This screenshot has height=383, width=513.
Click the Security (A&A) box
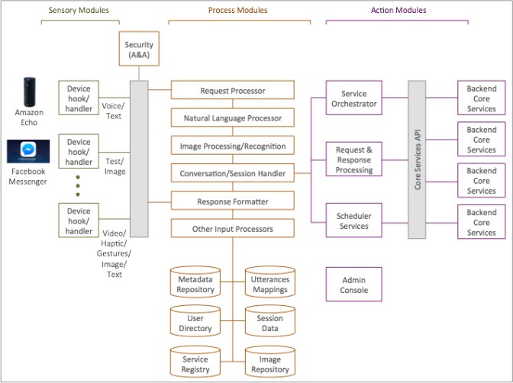point(139,50)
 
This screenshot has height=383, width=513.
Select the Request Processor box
point(232,91)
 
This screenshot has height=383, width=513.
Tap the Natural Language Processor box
point(232,118)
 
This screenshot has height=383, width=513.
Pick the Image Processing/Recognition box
point(232,146)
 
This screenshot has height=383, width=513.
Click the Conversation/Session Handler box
point(232,173)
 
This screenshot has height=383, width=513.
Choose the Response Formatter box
point(232,201)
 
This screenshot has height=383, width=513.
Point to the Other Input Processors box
point(232,228)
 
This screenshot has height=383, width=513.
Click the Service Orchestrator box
point(353,98)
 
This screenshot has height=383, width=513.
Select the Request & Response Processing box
point(353,159)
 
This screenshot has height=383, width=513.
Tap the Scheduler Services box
point(353,221)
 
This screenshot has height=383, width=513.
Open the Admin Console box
point(353,285)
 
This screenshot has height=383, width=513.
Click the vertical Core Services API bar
point(417,160)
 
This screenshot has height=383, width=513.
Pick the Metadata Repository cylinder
point(195,282)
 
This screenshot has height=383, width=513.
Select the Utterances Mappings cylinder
point(269,282)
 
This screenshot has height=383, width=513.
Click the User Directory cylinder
point(195,322)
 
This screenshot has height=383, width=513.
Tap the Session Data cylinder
point(269,322)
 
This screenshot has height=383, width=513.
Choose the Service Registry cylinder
point(195,363)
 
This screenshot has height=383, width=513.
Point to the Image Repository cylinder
point(269,363)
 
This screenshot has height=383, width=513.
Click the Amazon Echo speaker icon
point(28,92)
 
